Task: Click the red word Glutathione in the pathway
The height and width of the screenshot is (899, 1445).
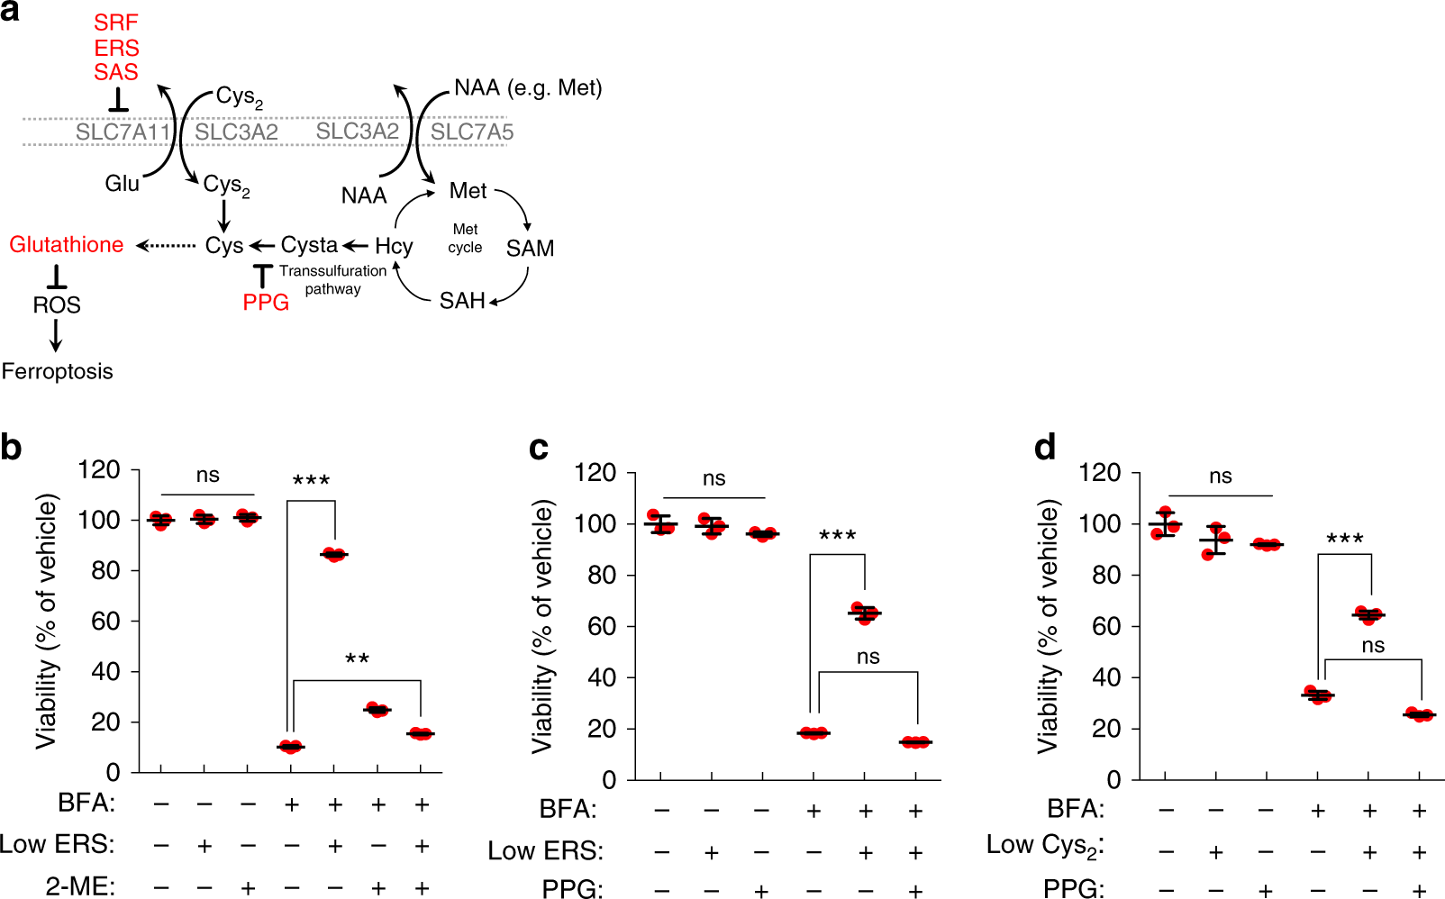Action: tap(67, 245)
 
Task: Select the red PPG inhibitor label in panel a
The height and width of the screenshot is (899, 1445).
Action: tap(266, 303)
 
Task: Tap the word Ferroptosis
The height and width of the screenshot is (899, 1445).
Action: tap(58, 371)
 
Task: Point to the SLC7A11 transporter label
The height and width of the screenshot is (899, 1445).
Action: tap(123, 132)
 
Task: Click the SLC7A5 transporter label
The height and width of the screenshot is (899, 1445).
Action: tap(472, 132)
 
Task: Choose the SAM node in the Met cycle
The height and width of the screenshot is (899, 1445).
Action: tap(530, 249)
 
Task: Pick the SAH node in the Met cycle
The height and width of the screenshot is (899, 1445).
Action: tap(461, 301)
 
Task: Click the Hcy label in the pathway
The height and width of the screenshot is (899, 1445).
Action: tap(394, 246)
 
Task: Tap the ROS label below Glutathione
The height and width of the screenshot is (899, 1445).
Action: tap(57, 305)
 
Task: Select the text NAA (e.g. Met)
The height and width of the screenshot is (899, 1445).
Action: tap(528, 88)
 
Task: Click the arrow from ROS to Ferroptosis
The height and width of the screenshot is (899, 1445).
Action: tap(56, 335)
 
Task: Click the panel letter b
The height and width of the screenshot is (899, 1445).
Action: tap(12, 448)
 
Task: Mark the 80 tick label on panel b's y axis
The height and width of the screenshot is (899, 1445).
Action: tap(99, 570)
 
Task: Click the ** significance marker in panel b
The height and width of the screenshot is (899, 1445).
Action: tap(357, 659)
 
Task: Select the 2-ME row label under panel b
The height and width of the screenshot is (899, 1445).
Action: tap(80, 886)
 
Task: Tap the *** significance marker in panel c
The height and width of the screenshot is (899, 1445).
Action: tap(837, 537)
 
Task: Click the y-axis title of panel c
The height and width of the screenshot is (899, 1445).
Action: tap(541, 628)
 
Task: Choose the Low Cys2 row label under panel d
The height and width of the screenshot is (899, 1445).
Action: tap(1045, 846)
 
